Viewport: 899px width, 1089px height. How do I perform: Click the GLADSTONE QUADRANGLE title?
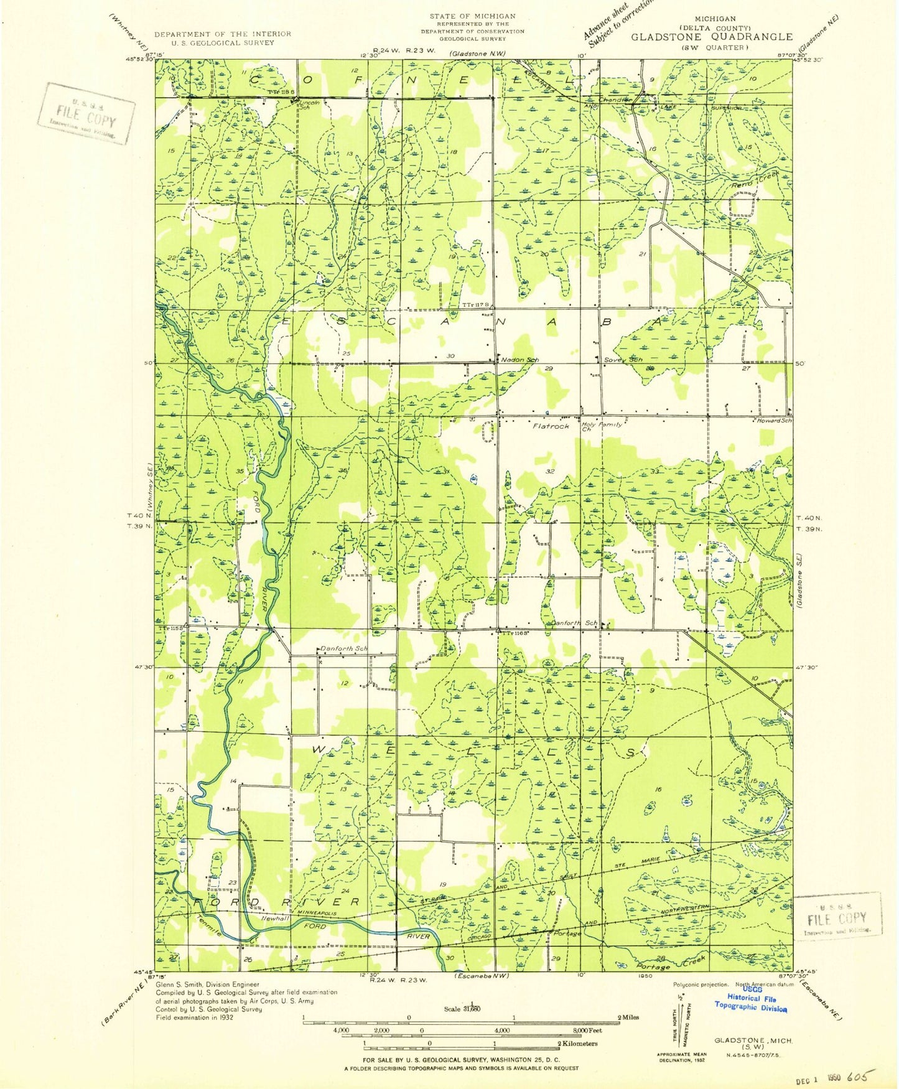(x=712, y=37)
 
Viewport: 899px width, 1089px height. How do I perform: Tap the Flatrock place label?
(x=551, y=426)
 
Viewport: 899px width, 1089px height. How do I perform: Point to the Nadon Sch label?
(x=518, y=360)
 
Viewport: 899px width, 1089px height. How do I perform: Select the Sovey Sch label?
(x=623, y=360)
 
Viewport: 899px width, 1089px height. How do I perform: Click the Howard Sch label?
(x=774, y=421)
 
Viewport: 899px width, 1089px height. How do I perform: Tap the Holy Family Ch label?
(x=600, y=426)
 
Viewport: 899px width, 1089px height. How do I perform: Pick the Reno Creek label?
(x=754, y=180)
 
